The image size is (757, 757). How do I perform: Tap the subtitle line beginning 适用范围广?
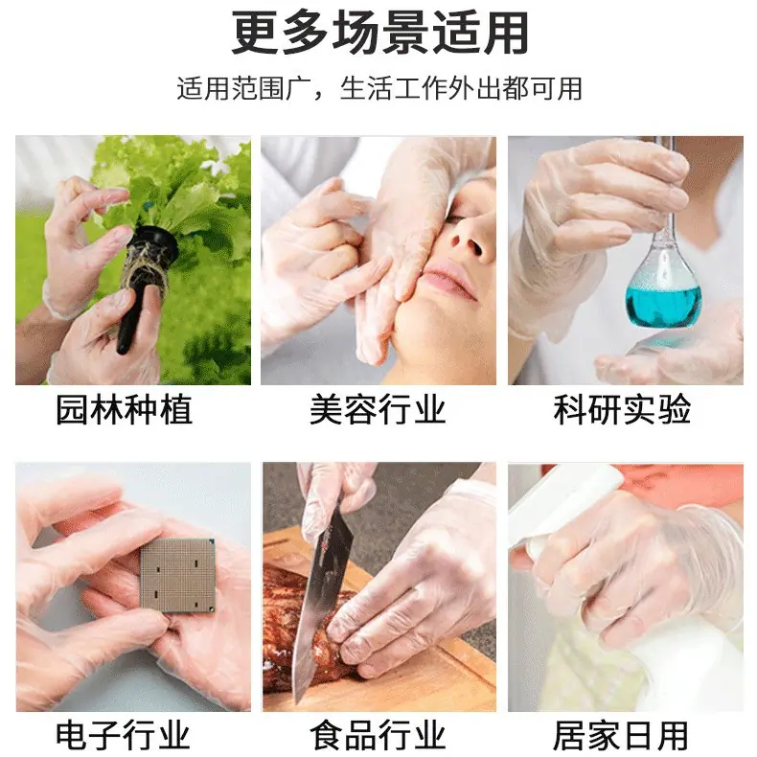tap(379, 89)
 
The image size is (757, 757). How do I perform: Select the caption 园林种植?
tap(124, 410)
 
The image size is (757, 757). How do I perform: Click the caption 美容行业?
tap(378, 410)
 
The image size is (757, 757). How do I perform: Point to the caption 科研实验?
tap(622, 410)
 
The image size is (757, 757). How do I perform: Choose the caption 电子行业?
tap(123, 735)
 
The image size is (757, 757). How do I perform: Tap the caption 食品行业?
tap(378, 735)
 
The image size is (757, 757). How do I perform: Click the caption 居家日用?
tap(621, 735)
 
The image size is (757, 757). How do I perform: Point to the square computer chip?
tap(177, 575)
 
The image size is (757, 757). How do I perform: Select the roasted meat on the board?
tap(309, 623)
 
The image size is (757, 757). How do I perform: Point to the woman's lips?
tap(447, 280)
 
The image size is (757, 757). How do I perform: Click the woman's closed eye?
tap(459, 218)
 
